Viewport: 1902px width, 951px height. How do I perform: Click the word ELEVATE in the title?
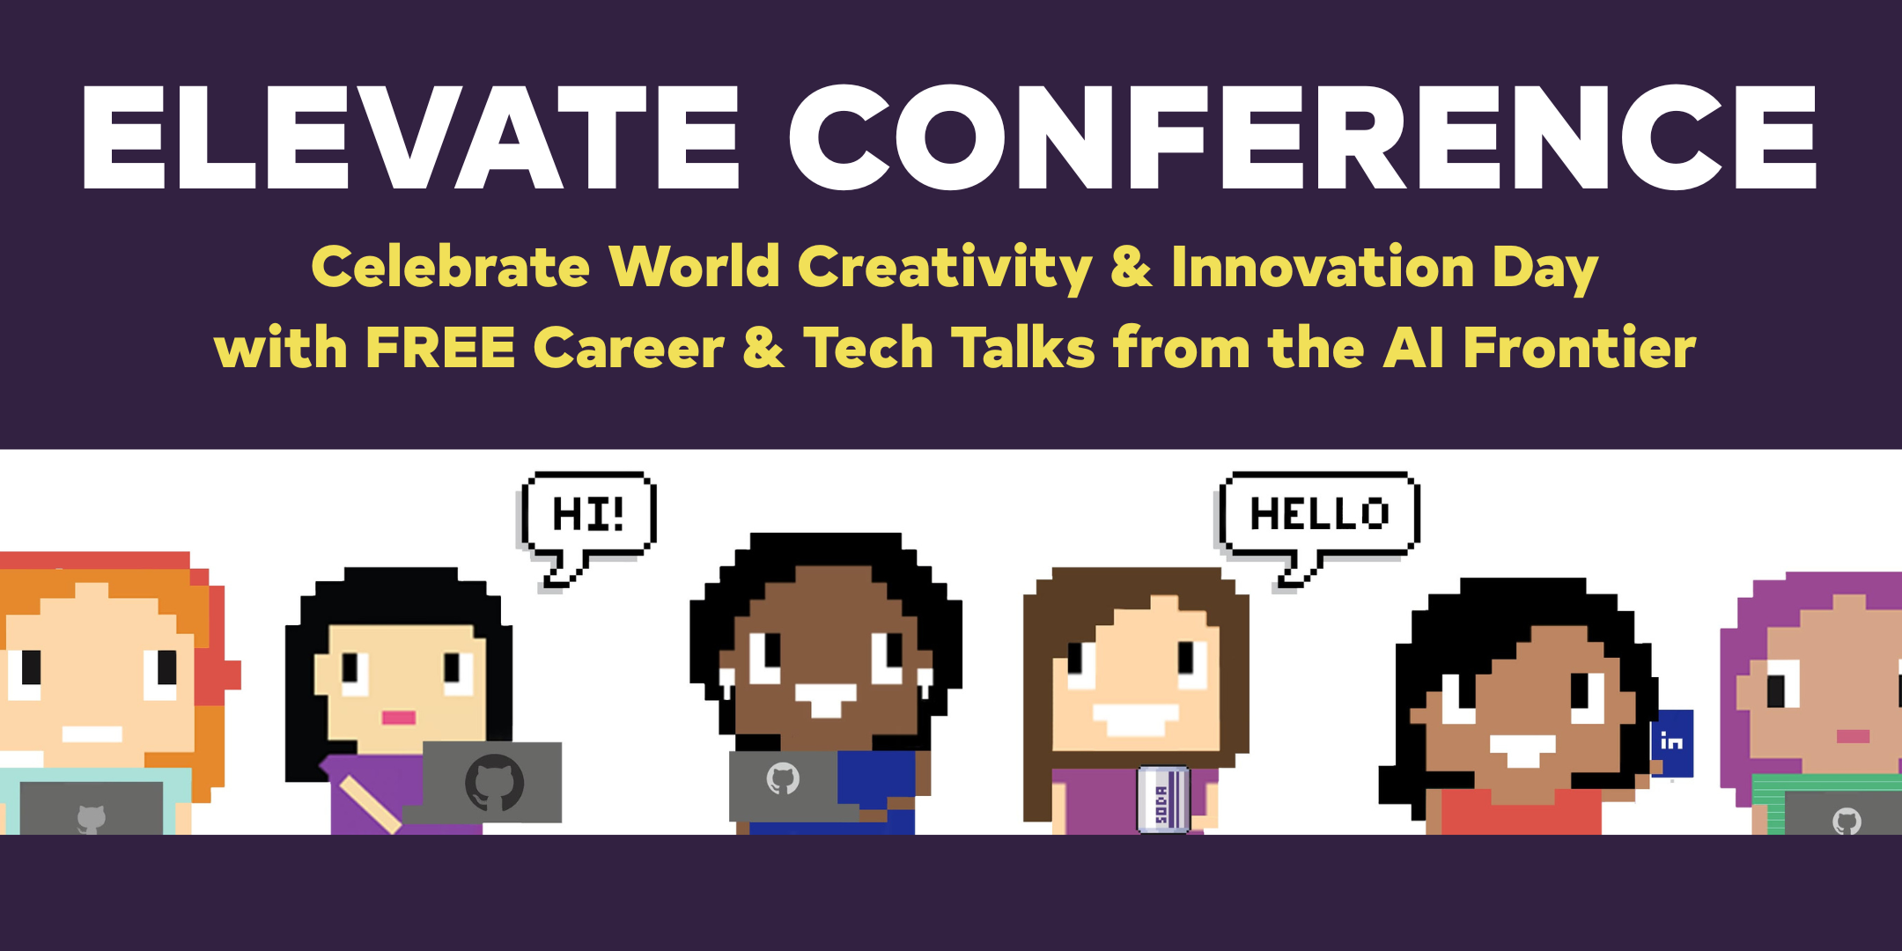(410, 137)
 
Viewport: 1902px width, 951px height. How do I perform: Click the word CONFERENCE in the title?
(1303, 137)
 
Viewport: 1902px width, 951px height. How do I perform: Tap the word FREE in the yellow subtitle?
(440, 347)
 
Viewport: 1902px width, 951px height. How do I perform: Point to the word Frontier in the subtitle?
(1580, 347)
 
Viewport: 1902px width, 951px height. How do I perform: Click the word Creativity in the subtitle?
(945, 268)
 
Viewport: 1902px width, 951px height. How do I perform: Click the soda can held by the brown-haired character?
(1162, 800)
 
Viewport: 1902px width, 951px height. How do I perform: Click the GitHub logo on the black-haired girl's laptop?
(494, 782)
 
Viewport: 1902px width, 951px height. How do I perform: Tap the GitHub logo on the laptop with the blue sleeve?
(782, 778)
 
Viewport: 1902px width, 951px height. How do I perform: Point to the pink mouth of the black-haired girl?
(398, 718)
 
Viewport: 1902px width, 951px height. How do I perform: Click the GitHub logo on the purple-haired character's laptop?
(1847, 822)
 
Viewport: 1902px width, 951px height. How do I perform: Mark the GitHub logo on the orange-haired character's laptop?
(91, 819)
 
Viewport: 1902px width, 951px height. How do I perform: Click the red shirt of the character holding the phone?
(1522, 812)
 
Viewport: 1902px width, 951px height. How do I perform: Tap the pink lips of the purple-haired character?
(1853, 736)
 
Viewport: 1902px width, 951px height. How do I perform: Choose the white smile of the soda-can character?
(1136, 719)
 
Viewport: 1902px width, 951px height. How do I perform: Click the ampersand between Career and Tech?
(763, 347)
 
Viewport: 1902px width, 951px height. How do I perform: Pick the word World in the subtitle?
(695, 266)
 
